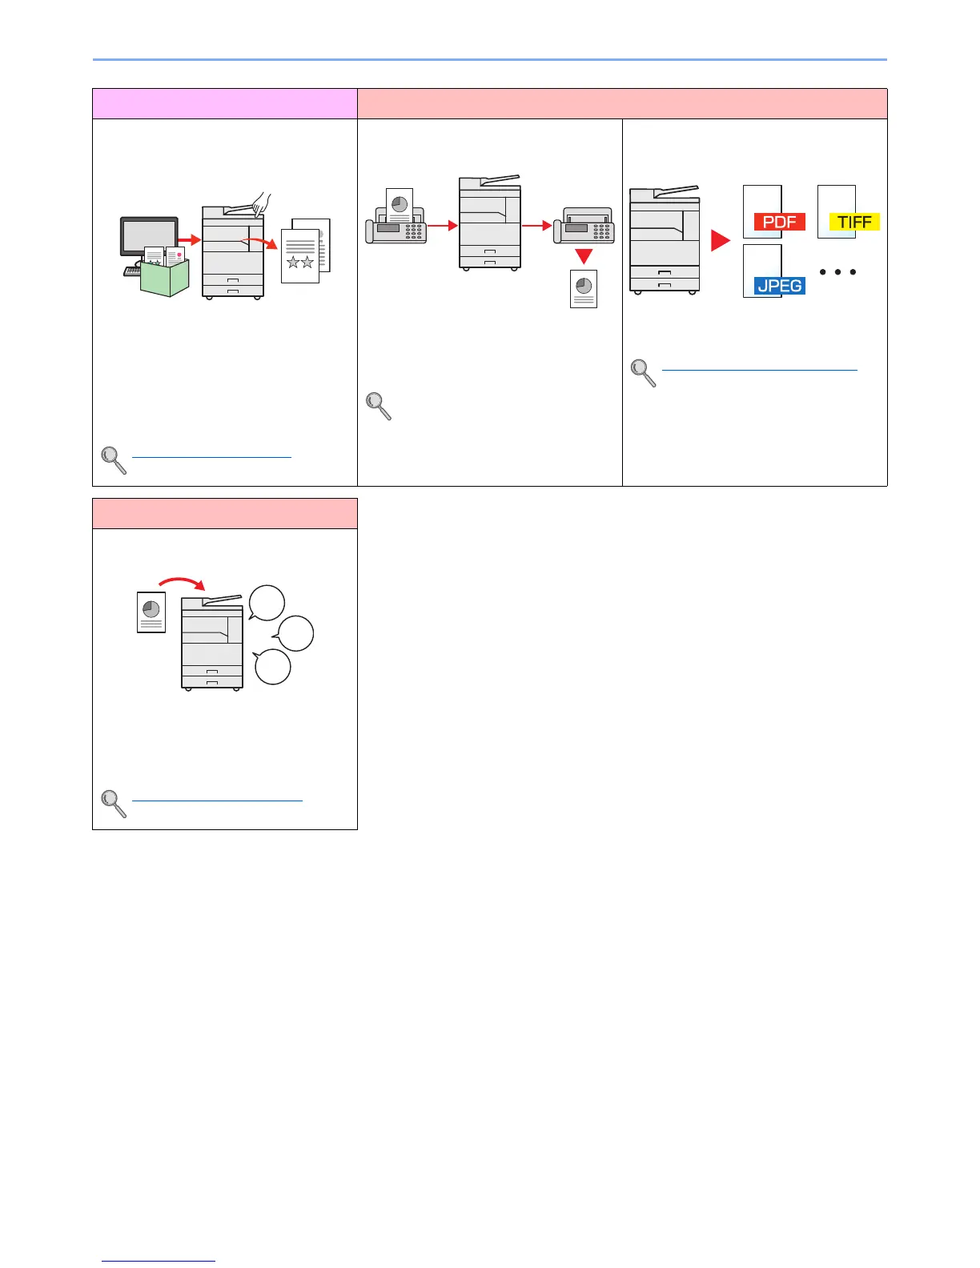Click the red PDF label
coord(779,222)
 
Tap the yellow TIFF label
coord(854,222)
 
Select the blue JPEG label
coord(779,285)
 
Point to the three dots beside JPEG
coord(837,272)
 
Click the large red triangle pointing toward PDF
coord(721,241)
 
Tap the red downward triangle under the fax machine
coord(584,256)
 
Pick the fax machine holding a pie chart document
coord(396,221)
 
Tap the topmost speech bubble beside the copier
coord(267,603)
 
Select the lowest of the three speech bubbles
coord(272,667)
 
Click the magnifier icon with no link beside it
coord(379,406)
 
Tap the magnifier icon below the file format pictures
coord(644,372)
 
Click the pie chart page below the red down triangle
coord(584,289)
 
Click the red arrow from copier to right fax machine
coord(536,227)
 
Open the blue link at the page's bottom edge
coord(159,1261)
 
